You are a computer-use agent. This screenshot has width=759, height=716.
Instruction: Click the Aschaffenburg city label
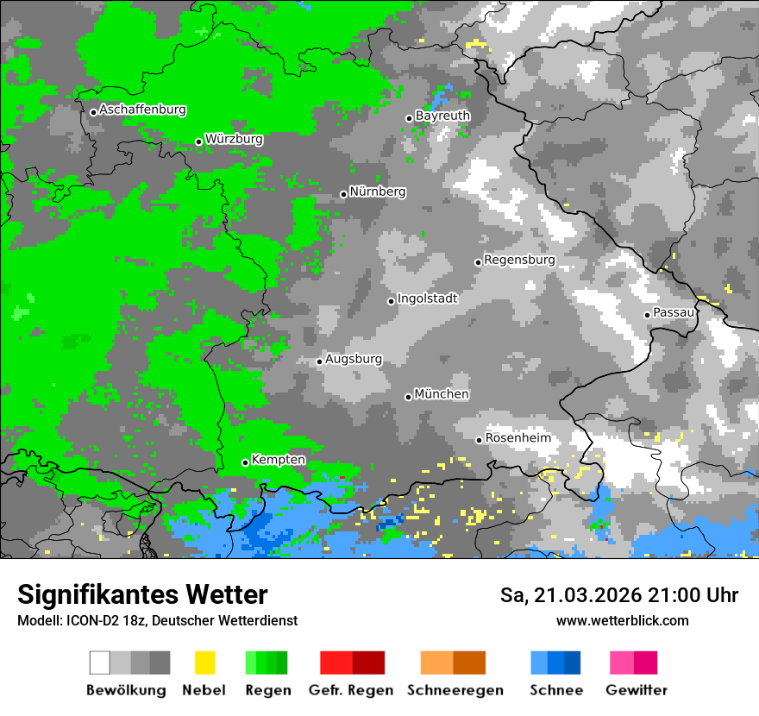142,110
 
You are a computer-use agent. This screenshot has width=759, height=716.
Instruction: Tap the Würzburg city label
234,139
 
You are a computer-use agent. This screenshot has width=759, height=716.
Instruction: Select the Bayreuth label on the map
442,116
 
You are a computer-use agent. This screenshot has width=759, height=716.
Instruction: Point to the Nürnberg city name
378,192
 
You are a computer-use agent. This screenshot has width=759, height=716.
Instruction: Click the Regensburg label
519,260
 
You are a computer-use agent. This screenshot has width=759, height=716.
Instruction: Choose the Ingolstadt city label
428,298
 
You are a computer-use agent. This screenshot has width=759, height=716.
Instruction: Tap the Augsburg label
354,359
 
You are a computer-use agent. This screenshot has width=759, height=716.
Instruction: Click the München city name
442,394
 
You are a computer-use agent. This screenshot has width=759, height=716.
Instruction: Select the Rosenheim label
517,438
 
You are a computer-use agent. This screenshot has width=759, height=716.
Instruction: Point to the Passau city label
674,312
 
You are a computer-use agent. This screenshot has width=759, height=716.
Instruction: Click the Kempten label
278,460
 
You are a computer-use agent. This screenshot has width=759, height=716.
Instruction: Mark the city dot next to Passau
647,315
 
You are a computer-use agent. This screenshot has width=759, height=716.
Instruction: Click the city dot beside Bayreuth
409,118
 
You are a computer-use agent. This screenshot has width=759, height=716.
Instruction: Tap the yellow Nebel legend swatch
205,663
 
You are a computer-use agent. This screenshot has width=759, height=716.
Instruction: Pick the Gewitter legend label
637,690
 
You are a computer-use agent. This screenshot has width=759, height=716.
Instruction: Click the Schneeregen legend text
455,690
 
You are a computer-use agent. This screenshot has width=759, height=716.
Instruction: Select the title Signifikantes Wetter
143,595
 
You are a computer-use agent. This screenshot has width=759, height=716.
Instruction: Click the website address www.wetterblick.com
622,621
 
